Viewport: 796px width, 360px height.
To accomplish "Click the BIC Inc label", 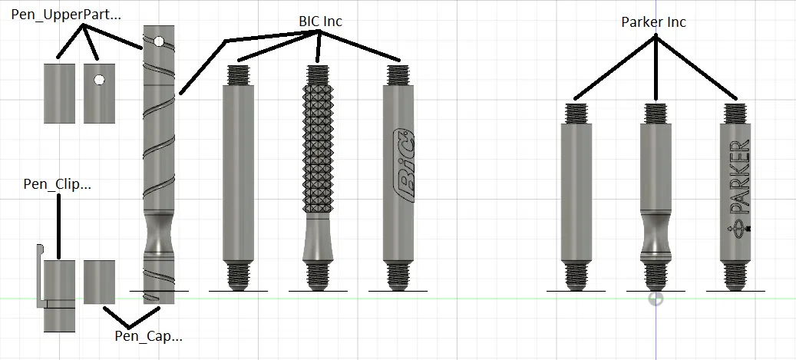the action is click(x=320, y=21).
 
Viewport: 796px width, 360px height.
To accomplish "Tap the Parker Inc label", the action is click(x=653, y=21).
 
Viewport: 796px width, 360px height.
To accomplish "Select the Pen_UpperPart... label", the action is click(x=66, y=15).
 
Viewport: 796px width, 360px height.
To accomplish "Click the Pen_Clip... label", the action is click(x=58, y=183).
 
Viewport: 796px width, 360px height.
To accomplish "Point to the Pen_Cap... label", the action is click(x=148, y=335).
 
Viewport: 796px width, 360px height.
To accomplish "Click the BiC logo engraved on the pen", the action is click(x=405, y=165).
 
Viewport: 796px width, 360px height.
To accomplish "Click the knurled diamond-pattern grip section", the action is click(x=318, y=148).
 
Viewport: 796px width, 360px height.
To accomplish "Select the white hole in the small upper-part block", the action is click(x=100, y=80).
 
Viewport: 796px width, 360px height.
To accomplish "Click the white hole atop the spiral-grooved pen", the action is click(x=159, y=41).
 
